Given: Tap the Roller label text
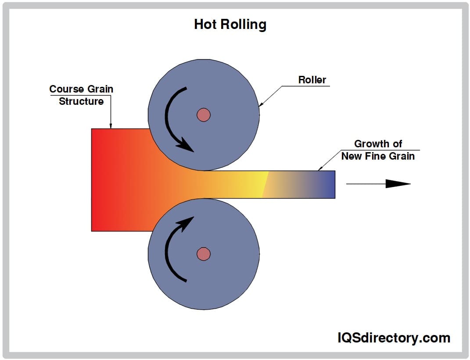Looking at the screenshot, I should tap(312, 80).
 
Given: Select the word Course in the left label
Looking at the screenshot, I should tap(66, 89).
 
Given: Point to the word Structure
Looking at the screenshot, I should tap(81, 101).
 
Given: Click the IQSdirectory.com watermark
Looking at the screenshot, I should tap(394, 338).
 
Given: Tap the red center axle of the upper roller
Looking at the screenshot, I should tap(203, 115).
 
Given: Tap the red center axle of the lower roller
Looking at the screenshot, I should tap(203, 253).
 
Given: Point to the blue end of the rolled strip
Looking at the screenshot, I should tap(327, 184).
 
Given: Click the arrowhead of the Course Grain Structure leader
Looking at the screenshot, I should tap(111, 127).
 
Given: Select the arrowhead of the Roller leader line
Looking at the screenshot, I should tap(260, 105).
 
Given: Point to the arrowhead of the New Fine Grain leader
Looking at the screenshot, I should tap(319, 169).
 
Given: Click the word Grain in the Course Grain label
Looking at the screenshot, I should tap(100, 89).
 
